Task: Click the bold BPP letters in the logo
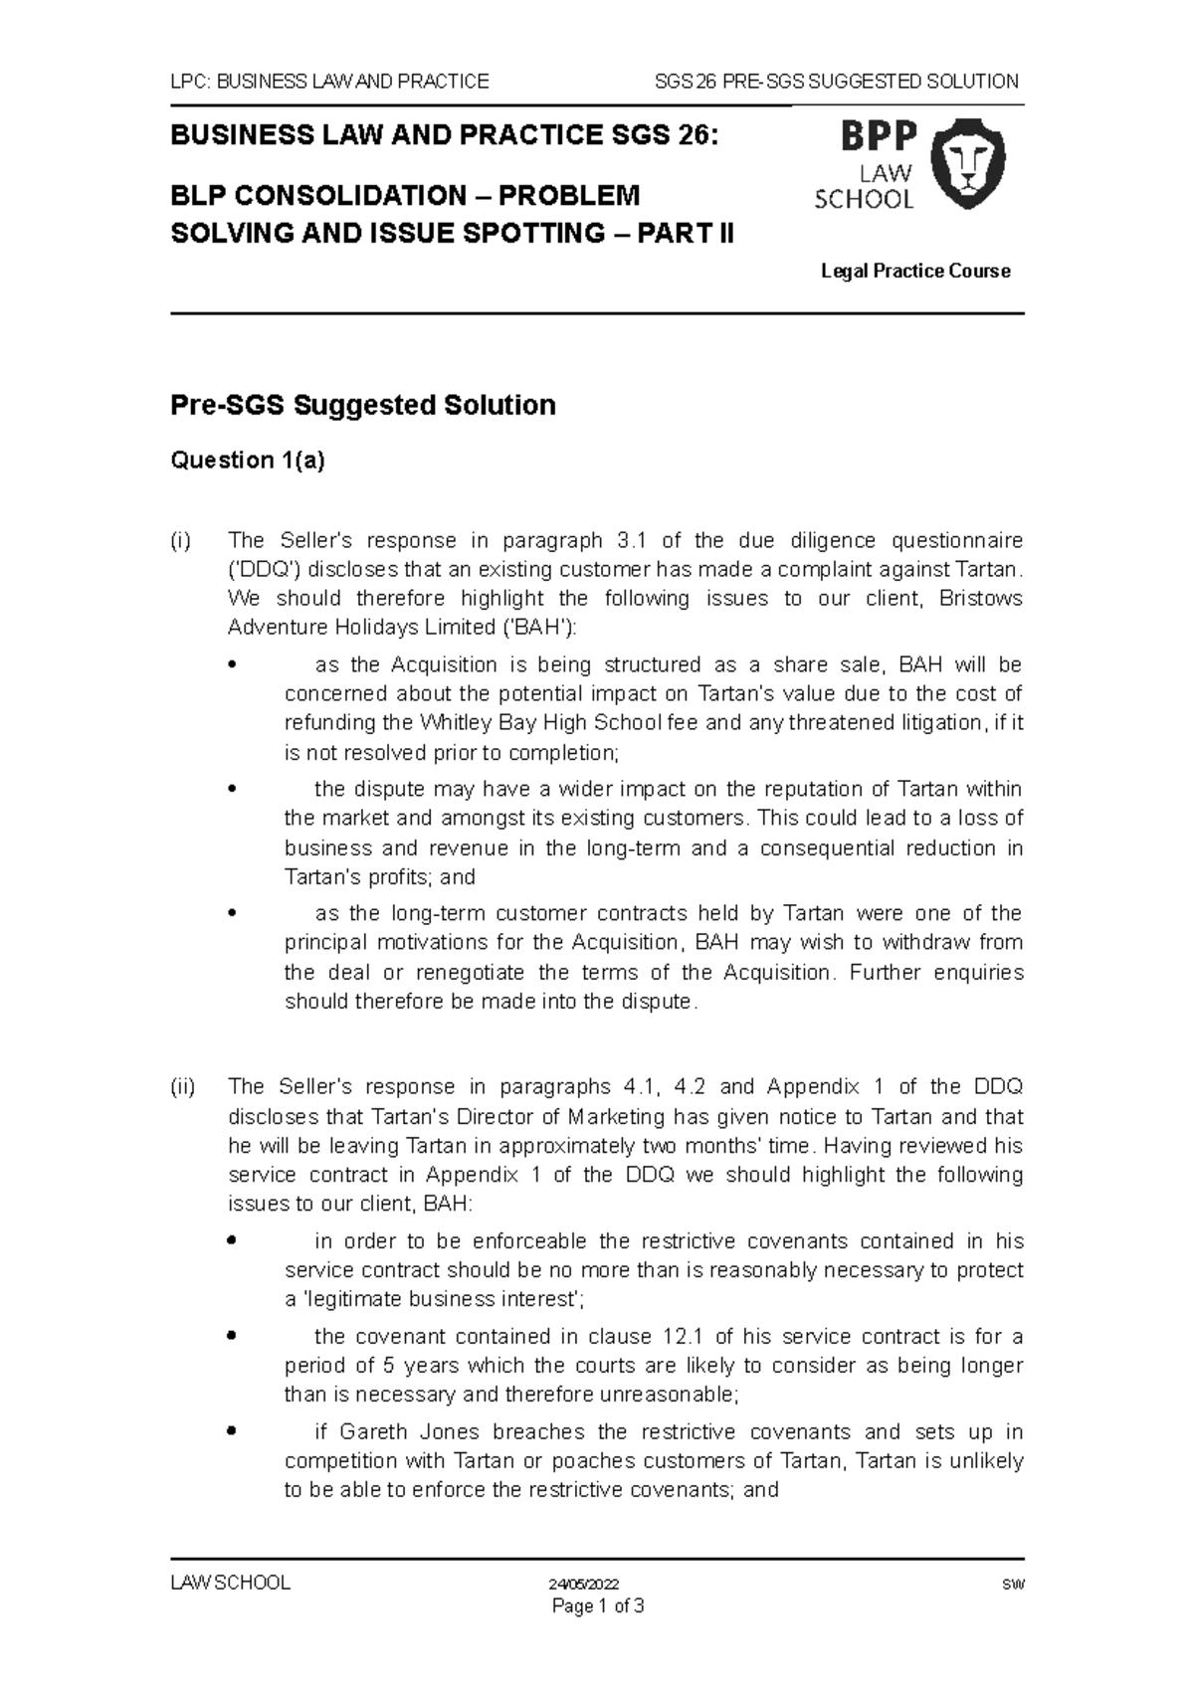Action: tap(879, 136)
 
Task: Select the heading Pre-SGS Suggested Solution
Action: tap(363, 405)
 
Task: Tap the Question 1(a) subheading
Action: tap(248, 460)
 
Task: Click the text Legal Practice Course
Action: tap(915, 271)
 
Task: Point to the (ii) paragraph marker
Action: tap(183, 1086)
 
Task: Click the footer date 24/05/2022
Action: tap(584, 1585)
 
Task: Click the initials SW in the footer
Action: tap(1014, 1585)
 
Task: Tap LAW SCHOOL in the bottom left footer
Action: tap(231, 1584)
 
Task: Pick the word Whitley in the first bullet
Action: tap(453, 722)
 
